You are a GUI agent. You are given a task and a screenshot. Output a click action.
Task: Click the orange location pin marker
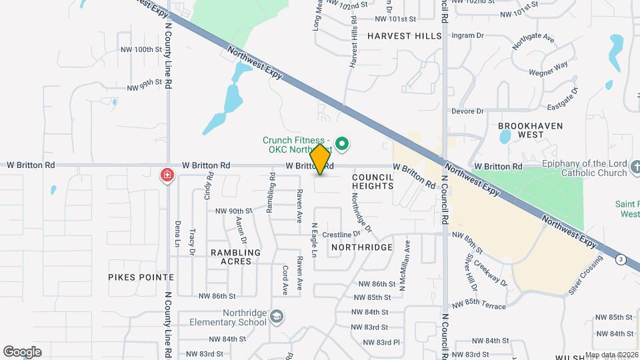[x=321, y=159]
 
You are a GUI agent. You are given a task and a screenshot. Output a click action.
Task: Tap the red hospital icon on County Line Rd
[x=167, y=175]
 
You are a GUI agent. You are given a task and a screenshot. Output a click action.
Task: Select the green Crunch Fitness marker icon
[x=342, y=143]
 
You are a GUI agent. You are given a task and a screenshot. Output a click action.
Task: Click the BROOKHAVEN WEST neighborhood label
[x=531, y=130]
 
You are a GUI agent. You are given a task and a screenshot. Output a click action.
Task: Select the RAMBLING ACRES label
[x=235, y=257]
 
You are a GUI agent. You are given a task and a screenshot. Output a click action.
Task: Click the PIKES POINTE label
[x=141, y=277]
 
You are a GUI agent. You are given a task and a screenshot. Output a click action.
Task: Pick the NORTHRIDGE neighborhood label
[x=362, y=247]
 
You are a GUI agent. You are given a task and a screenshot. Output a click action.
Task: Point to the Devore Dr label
[x=467, y=111]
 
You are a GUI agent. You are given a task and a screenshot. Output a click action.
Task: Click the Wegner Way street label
[x=549, y=67]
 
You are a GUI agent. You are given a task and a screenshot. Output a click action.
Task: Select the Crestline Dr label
[x=341, y=235]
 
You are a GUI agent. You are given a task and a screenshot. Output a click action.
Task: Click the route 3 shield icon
[x=621, y=259]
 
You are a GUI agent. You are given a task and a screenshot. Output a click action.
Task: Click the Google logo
[x=22, y=351]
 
